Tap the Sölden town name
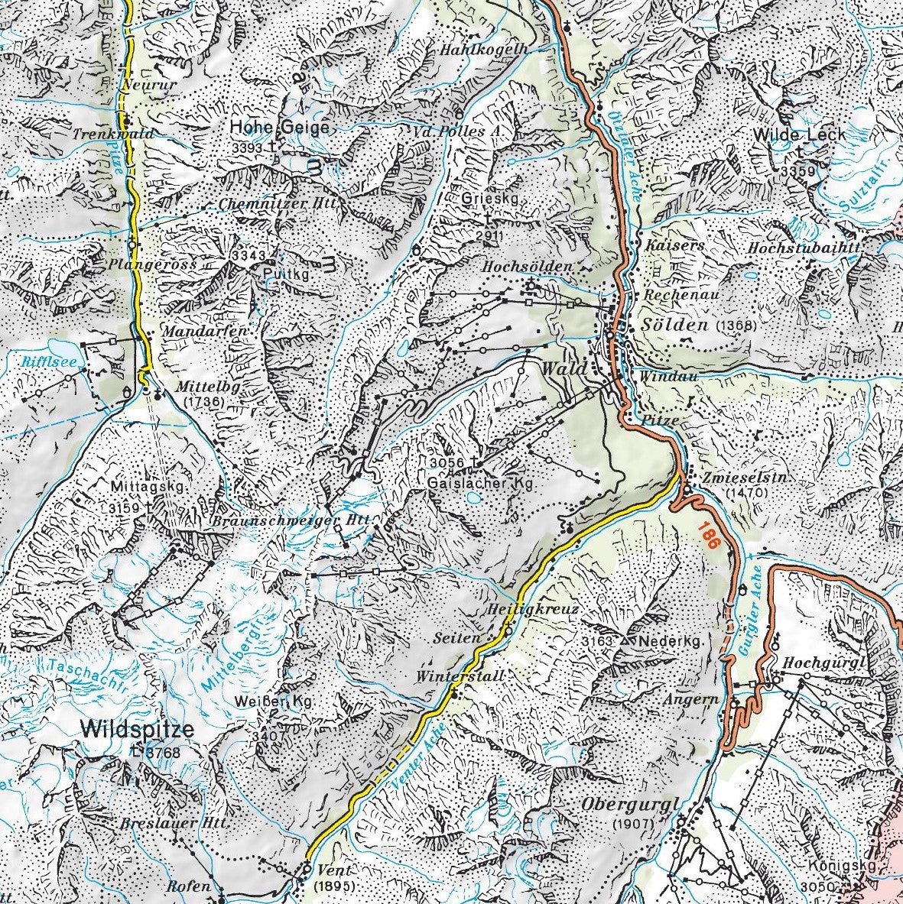point(677,325)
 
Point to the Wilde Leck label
point(800,134)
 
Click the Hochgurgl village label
point(827,663)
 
